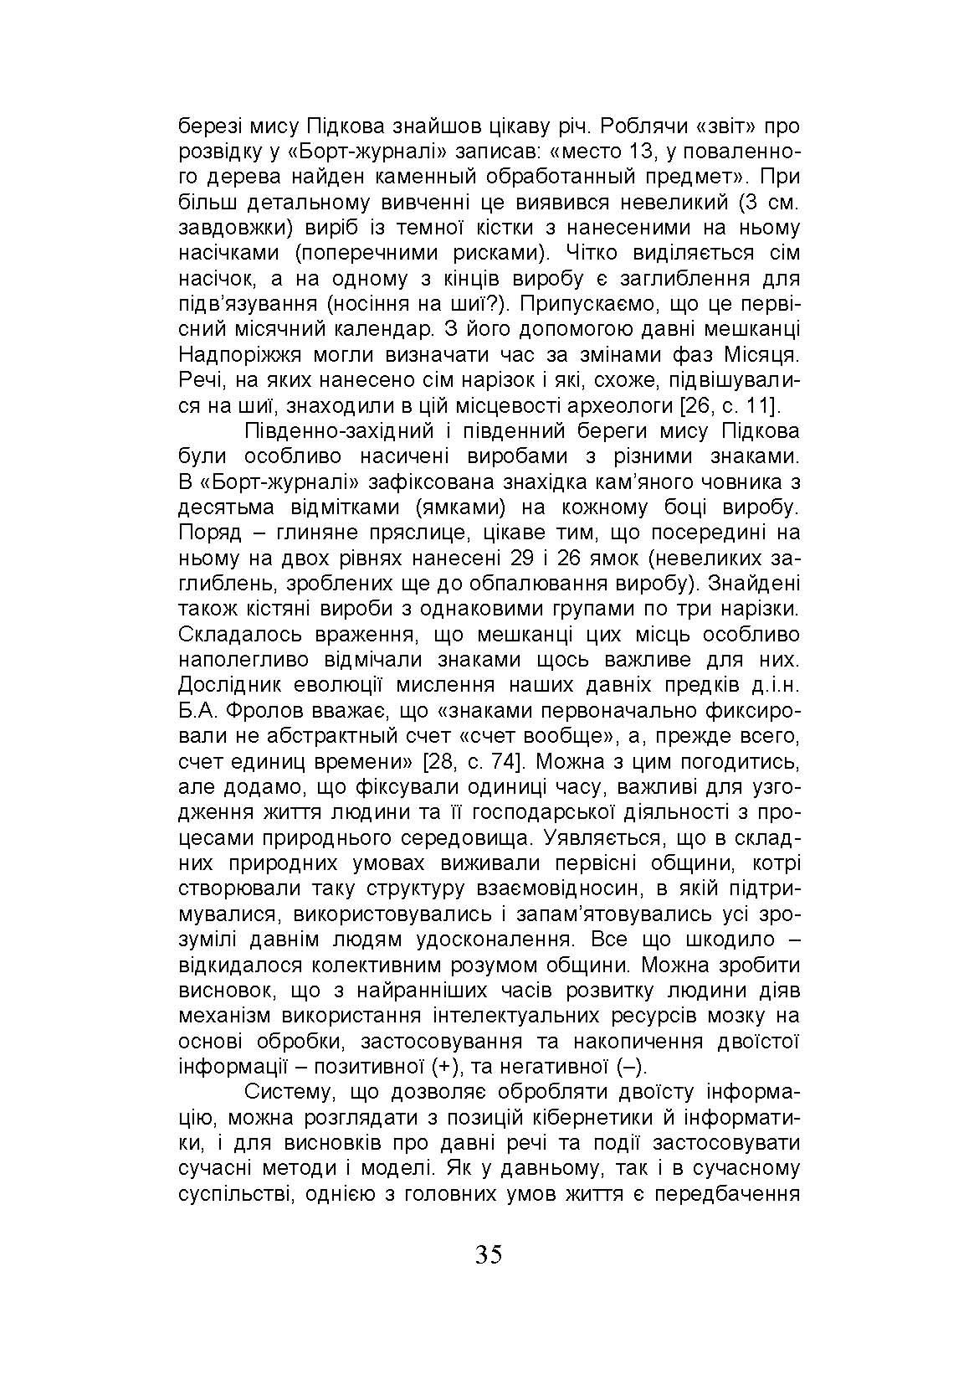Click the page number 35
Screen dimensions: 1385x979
click(x=489, y=1254)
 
